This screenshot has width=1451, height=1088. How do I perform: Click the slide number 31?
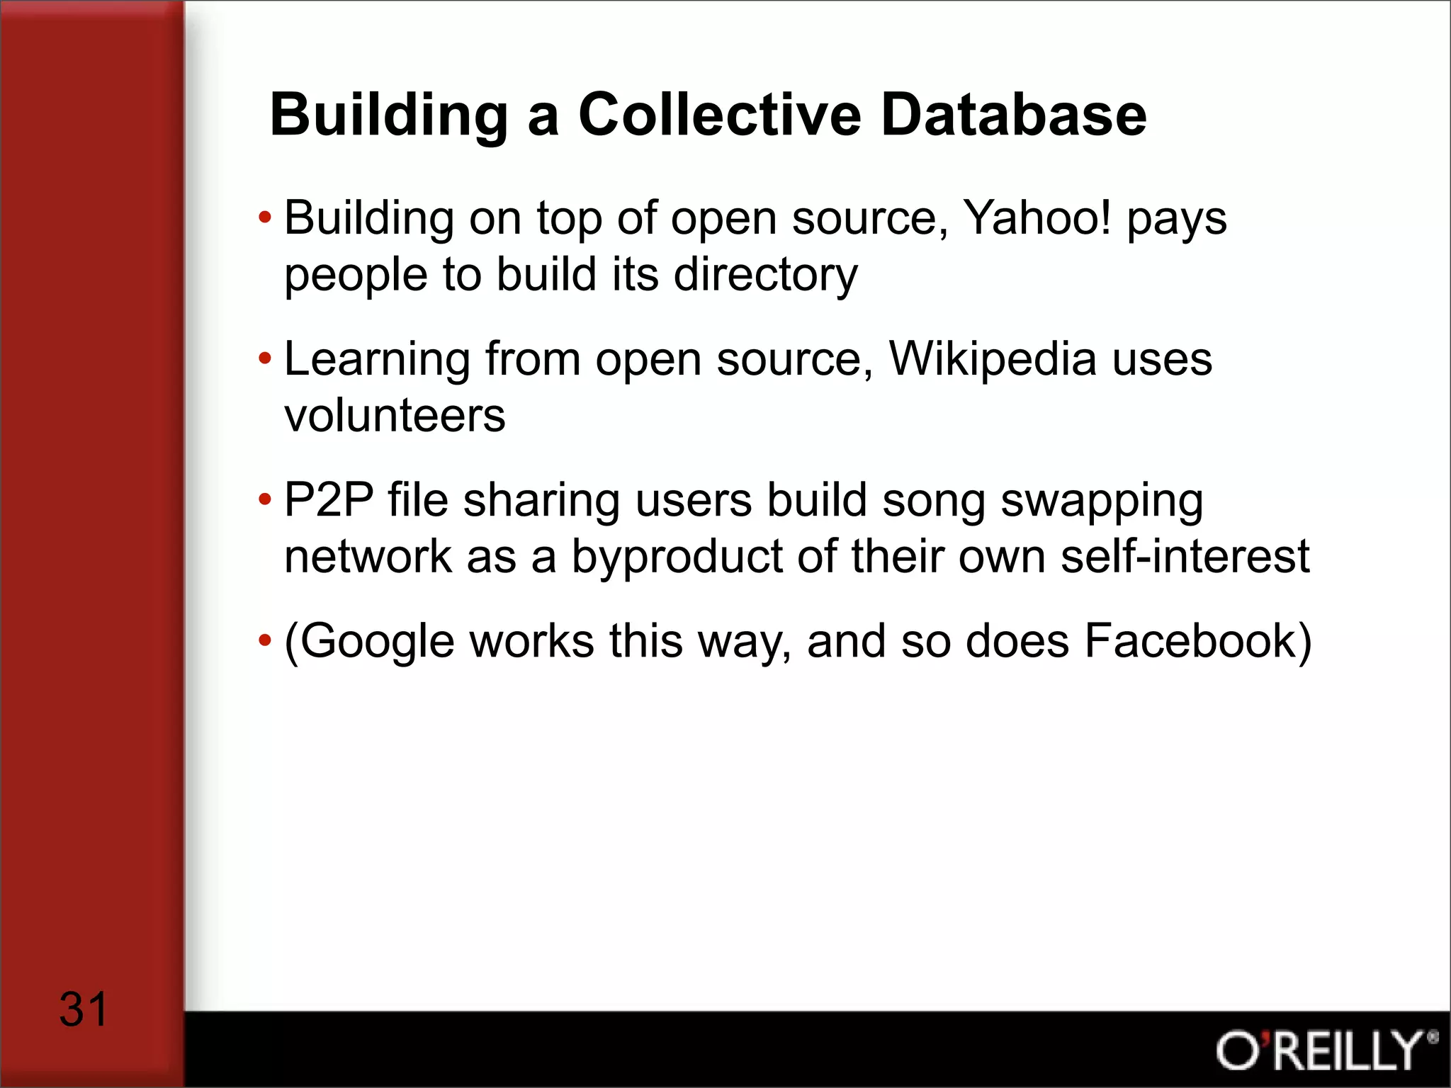(83, 1009)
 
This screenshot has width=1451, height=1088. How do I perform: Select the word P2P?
(329, 500)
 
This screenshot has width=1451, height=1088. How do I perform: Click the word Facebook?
(1190, 640)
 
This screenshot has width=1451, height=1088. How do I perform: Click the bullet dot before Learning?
(265, 358)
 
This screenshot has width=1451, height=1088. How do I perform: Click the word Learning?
(377, 360)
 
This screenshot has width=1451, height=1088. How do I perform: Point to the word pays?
(1177, 220)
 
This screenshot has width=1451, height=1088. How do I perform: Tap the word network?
(367, 556)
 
